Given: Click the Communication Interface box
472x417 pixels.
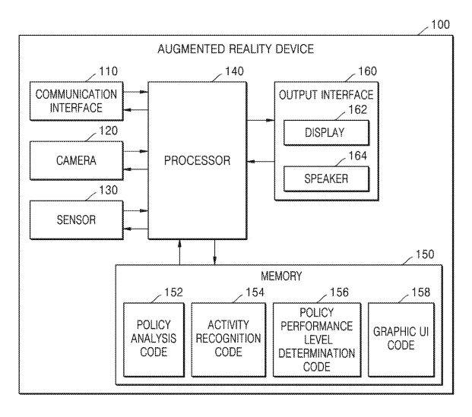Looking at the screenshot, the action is pyautogui.click(x=77, y=101).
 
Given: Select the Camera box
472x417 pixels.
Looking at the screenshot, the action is pyautogui.click(x=77, y=160).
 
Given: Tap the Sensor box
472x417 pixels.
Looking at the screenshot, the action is pyautogui.click(x=77, y=220).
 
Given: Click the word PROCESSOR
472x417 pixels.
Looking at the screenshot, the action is pyautogui.click(x=197, y=160).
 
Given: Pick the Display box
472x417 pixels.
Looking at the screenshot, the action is pyautogui.click(x=326, y=133).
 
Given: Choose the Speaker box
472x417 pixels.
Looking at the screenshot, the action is pyautogui.click(x=326, y=179).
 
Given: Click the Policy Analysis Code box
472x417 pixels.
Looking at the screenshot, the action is pyautogui.click(x=154, y=340).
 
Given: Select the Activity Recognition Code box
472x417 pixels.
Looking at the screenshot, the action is pyautogui.click(x=229, y=340).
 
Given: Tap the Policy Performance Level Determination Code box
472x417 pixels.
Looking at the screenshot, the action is pyautogui.click(x=317, y=340).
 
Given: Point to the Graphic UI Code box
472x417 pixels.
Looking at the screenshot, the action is pyautogui.click(x=401, y=340).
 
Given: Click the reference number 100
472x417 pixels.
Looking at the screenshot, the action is pyautogui.click(x=440, y=24).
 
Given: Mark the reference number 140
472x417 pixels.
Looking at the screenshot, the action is pyautogui.click(x=234, y=71).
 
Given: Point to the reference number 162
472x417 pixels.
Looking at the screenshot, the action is pyautogui.click(x=358, y=110).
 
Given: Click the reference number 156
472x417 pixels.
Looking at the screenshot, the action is pyautogui.click(x=339, y=292).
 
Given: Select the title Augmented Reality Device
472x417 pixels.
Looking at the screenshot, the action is pyautogui.click(x=236, y=49).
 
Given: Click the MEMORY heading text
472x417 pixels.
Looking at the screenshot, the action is pyautogui.click(x=281, y=276).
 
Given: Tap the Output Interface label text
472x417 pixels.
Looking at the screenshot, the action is pyautogui.click(x=326, y=95).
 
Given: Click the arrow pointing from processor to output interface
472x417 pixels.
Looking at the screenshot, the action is pyautogui.click(x=261, y=120).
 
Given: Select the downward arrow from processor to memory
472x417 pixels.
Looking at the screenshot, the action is pyautogui.click(x=214, y=252).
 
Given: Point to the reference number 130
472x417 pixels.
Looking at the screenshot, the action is pyautogui.click(x=109, y=190).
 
